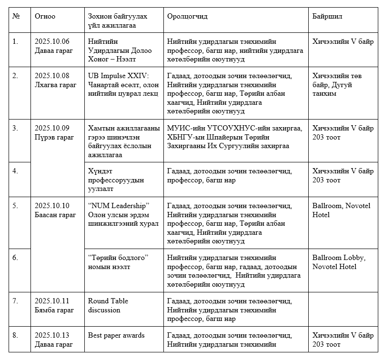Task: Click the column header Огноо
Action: pyautogui.click(x=45, y=17)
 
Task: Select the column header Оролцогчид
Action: pyautogui.click(x=187, y=17)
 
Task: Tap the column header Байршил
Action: pyautogui.click(x=327, y=17)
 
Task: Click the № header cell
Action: pyautogui.click(x=17, y=17)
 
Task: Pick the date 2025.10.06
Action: pyautogui.click(x=52, y=41)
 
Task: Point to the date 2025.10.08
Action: pyautogui.click(x=52, y=76)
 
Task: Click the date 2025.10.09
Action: pyautogui.click(x=52, y=128)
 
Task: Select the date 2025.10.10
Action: pyautogui.click(x=52, y=205)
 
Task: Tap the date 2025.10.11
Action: pyautogui.click(x=52, y=301)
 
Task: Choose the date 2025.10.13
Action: pyautogui.click(x=52, y=335)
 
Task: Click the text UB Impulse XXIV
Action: pyautogui.click(x=118, y=76)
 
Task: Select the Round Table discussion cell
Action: pyautogui.click(x=108, y=305)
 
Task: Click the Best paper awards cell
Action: pyautogui.click(x=116, y=335)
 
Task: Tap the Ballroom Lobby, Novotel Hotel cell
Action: pyautogui.click(x=339, y=262)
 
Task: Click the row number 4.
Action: pyautogui.click(x=15, y=171)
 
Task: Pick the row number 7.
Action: pyautogui.click(x=15, y=301)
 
